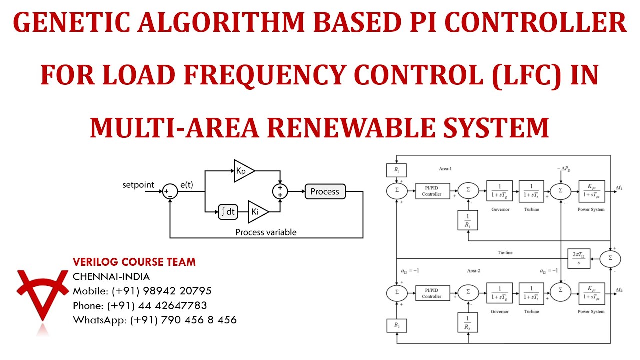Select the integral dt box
[x=228, y=212]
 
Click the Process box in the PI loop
[x=325, y=191]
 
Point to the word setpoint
[x=138, y=185]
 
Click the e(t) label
[x=186, y=185]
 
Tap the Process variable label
[x=266, y=232]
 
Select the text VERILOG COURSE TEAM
[x=134, y=262]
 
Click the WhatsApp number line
[x=155, y=320]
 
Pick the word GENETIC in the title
[x=72, y=24]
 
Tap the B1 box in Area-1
[x=397, y=170]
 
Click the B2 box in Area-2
[x=397, y=326]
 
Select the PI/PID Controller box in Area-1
[x=432, y=190]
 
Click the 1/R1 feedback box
[x=468, y=220]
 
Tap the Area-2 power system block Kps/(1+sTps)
[x=592, y=293]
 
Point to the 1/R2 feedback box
[x=468, y=322]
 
